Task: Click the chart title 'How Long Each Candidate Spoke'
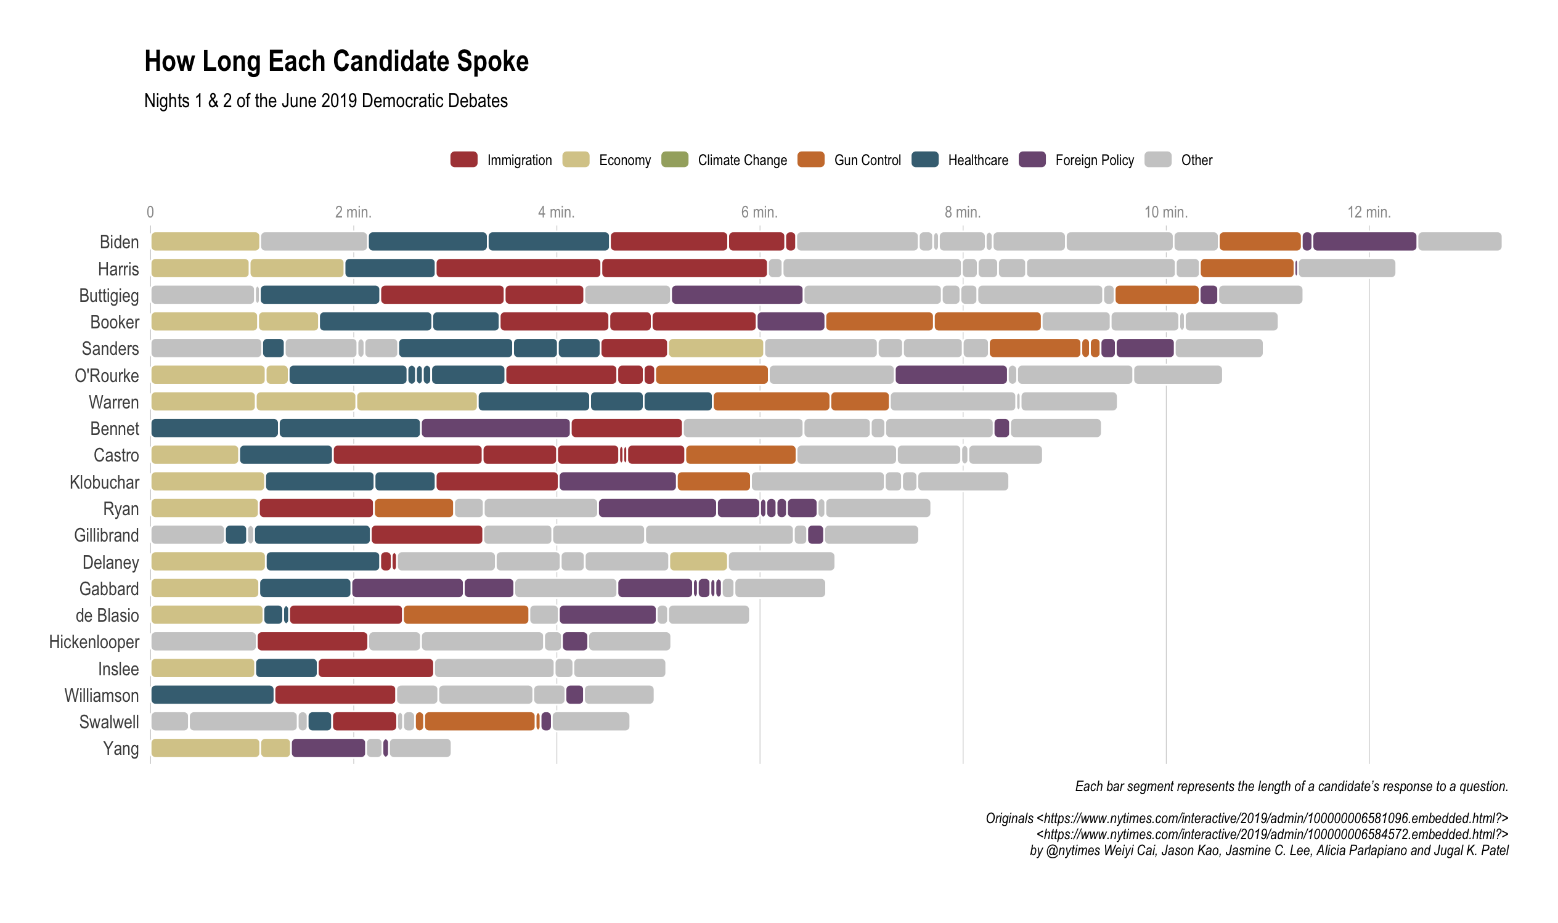pyautogui.click(x=336, y=62)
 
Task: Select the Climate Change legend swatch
pyautogui.click(x=675, y=160)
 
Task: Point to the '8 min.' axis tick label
pyautogui.click(x=962, y=213)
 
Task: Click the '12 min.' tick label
pyautogui.click(x=1368, y=213)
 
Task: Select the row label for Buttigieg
pyautogui.click(x=109, y=295)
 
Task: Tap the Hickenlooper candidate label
pyautogui.click(x=94, y=642)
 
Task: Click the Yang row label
pyautogui.click(x=121, y=748)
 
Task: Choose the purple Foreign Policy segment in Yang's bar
pyautogui.click(x=328, y=748)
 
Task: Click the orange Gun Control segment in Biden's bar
pyautogui.click(x=1260, y=242)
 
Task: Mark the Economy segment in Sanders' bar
pyautogui.click(x=716, y=348)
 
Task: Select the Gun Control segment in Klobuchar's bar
pyautogui.click(x=714, y=482)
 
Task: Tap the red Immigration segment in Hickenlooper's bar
pyautogui.click(x=312, y=641)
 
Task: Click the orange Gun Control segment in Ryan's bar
pyautogui.click(x=414, y=508)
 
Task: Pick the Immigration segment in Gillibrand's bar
pyautogui.click(x=426, y=535)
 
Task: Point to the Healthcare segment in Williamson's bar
pyautogui.click(x=212, y=695)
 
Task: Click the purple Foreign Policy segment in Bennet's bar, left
pyautogui.click(x=495, y=429)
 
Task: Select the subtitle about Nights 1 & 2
pyautogui.click(x=326, y=101)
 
